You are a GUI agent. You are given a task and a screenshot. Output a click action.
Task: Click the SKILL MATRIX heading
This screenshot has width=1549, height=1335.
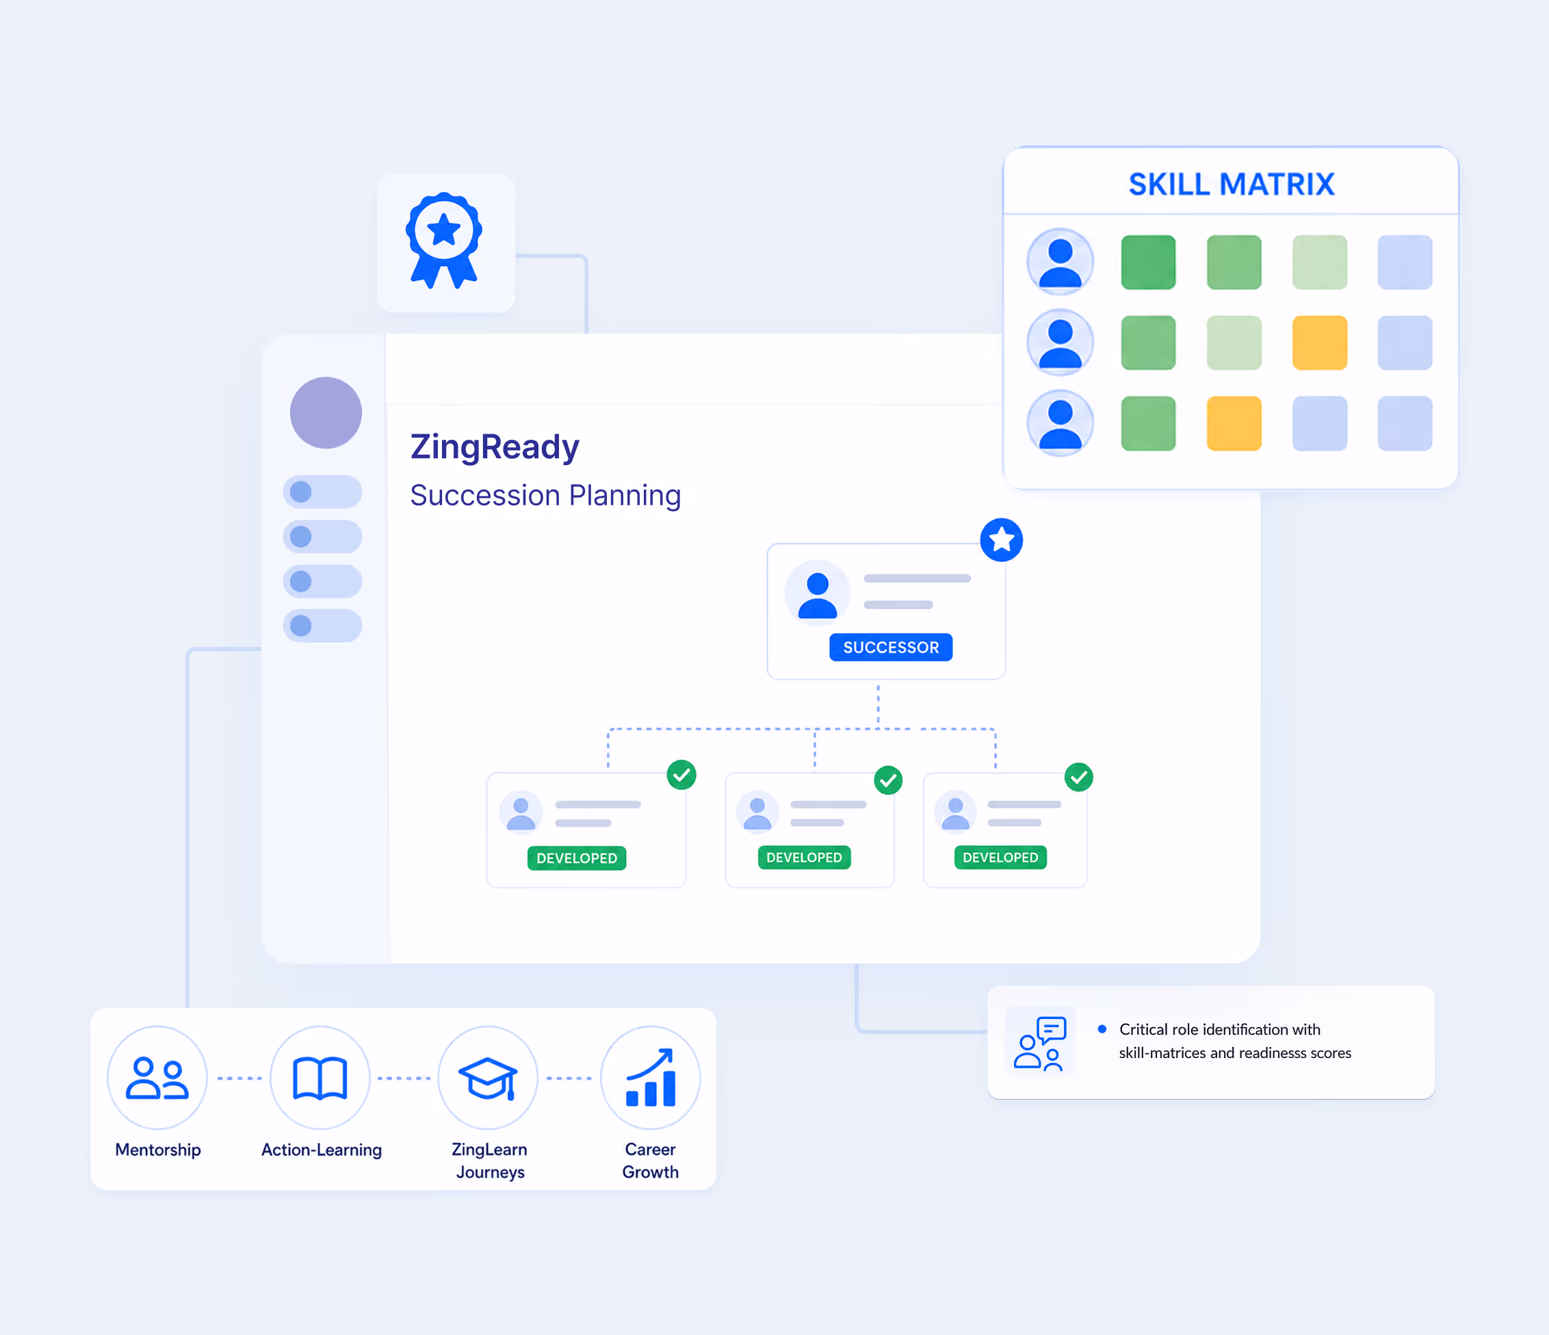click(x=1232, y=184)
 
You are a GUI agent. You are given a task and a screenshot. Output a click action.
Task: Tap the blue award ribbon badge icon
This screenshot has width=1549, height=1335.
click(x=444, y=241)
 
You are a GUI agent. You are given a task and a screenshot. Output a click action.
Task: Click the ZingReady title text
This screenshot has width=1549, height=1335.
click(x=494, y=448)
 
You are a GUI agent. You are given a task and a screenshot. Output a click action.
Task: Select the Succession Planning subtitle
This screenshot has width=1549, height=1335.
click(x=545, y=496)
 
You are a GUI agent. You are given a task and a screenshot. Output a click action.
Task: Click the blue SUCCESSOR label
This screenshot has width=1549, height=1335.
click(x=890, y=647)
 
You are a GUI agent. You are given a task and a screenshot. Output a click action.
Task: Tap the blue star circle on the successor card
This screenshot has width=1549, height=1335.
click(x=1001, y=540)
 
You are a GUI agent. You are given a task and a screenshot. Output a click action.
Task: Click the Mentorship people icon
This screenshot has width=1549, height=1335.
click(x=157, y=1078)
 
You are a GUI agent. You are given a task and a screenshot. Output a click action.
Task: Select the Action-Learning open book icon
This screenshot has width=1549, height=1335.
click(x=320, y=1079)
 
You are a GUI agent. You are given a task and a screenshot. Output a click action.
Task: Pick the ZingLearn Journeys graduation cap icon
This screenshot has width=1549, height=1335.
click(x=487, y=1079)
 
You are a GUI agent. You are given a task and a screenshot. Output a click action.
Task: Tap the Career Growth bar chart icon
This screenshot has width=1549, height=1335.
click(x=651, y=1078)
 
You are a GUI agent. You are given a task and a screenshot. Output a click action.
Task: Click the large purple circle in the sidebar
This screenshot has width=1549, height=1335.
click(x=326, y=412)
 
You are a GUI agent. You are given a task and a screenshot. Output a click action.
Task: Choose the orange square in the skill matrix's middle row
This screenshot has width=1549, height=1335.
click(x=1320, y=343)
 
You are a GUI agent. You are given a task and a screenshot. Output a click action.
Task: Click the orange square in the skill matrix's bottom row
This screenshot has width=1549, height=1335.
click(x=1234, y=424)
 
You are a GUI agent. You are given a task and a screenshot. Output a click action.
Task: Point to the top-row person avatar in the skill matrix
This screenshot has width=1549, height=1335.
click(x=1060, y=262)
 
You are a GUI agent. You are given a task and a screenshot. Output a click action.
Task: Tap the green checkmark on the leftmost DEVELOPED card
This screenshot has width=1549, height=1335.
click(x=681, y=775)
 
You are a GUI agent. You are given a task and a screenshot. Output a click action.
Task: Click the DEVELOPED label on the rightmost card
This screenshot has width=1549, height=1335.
click(x=1000, y=858)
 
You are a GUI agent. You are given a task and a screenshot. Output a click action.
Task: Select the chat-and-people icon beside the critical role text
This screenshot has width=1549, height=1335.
click(x=1040, y=1043)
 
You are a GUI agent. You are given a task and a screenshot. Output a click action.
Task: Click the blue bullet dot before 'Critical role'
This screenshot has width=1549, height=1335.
click(x=1102, y=1029)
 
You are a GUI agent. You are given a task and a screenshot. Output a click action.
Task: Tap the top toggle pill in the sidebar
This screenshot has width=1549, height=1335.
click(x=322, y=492)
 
